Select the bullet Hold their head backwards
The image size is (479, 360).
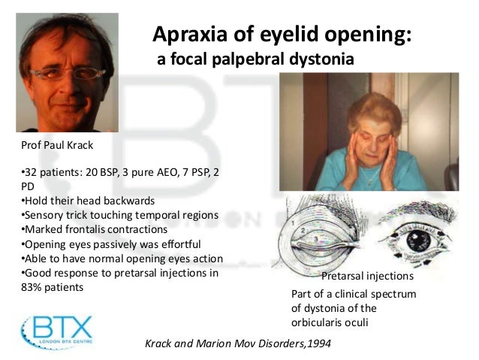point(89,201)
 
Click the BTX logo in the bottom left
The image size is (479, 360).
point(58,328)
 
